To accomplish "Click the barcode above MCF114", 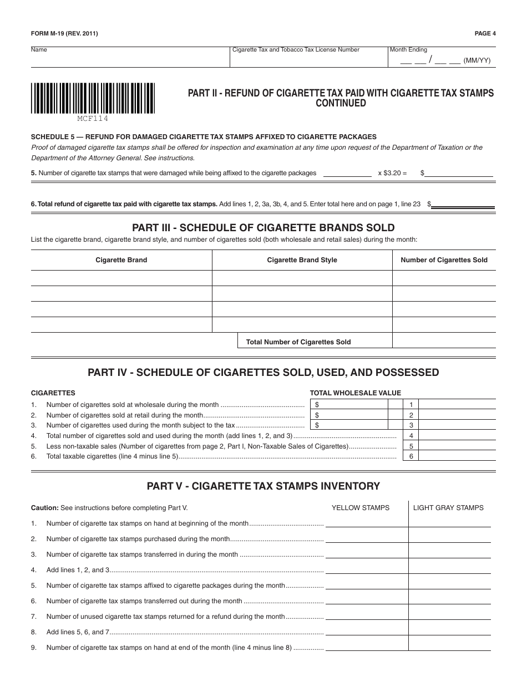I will point(93,98).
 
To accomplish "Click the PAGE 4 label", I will point(485,33).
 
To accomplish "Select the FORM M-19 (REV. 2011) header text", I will point(64,33).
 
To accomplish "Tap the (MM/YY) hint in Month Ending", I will point(477,60).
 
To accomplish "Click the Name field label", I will point(39,50).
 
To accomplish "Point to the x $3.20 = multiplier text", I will point(392,173).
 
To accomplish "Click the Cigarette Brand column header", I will point(121,260).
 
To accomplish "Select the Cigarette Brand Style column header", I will point(302,260).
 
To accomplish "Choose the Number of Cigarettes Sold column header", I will point(444,260).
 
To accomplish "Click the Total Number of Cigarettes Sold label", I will point(298,342).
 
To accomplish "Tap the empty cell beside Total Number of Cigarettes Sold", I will point(444,340).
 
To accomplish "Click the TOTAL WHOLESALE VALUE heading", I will point(355,393).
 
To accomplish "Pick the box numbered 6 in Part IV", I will point(411,456).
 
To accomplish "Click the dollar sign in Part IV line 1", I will point(317,405).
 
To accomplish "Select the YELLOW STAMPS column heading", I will point(361,507).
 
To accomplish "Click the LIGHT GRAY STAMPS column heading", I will point(448,507).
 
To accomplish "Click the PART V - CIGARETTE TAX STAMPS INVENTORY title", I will point(263,486).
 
